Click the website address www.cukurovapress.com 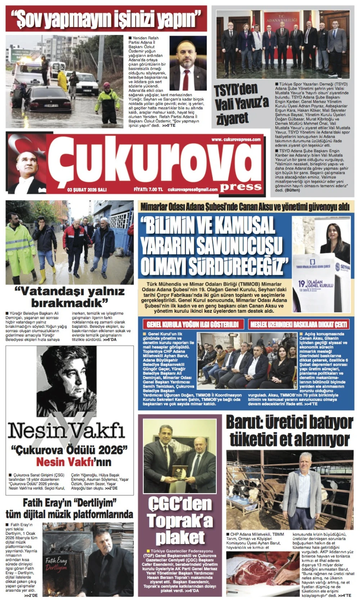coord(236,139)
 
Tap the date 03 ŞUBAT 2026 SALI coord(87,189)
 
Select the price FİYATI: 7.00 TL coord(148,189)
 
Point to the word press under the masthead coord(240,186)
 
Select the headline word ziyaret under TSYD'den coord(232,118)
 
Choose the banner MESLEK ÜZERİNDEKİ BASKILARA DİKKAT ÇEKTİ coord(299,324)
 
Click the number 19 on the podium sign coord(302,284)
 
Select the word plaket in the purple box coord(180,538)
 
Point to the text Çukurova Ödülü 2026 coord(69,450)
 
